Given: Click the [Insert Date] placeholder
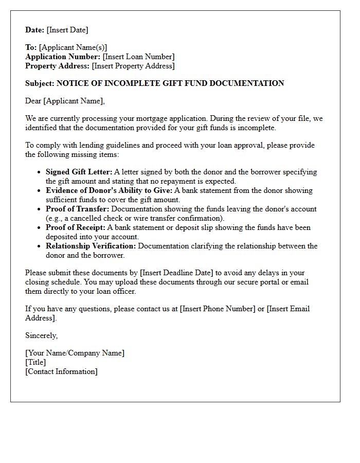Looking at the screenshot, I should tap(67, 30).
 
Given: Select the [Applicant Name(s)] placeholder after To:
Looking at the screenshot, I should tap(73, 47).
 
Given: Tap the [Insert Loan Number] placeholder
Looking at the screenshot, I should tap(138, 57).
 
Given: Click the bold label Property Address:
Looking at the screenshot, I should tap(58, 66).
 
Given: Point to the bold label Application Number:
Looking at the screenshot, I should tap(63, 57).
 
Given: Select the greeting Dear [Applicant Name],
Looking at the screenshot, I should tap(65, 101).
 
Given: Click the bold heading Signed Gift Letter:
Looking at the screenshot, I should tap(79, 172).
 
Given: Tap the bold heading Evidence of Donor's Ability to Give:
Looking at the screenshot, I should tap(110, 190).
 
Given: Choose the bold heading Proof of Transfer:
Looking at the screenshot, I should tap(77, 209).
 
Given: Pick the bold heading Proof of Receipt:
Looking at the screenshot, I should tap(76, 227).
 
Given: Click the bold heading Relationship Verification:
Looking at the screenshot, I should tap(91, 246).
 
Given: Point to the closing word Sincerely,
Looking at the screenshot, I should tap(42, 335).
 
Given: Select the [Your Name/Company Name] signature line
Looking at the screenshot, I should tap(75, 353).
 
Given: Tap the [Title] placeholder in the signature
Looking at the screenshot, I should tap(35, 362).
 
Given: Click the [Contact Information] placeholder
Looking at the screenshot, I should tap(61, 371).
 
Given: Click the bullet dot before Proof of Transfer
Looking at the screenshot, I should tap(40, 209).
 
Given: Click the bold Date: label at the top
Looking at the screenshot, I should tap(35, 30).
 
